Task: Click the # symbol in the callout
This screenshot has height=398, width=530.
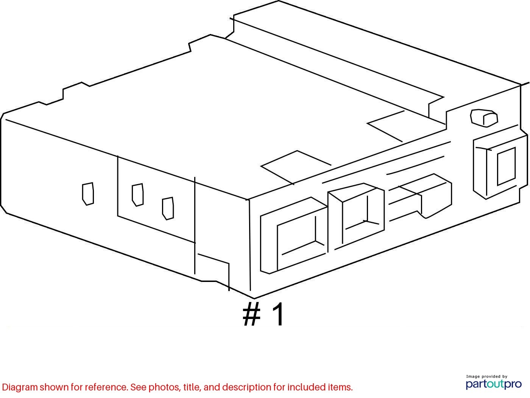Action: pyautogui.click(x=251, y=314)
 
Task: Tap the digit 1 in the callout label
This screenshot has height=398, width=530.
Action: pyautogui.click(x=277, y=314)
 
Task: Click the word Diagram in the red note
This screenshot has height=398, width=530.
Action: pyautogui.click(x=20, y=387)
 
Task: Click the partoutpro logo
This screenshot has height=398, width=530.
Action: pyautogui.click(x=494, y=384)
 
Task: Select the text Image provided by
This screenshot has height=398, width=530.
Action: pyautogui.click(x=486, y=376)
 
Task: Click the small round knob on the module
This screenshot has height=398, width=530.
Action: pyautogui.click(x=484, y=118)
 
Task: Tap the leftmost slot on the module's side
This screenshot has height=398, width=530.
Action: pyautogui.click(x=88, y=194)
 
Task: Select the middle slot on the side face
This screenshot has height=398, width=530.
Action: pyautogui.click(x=138, y=195)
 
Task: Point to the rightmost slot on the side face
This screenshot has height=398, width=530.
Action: pyautogui.click(x=168, y=209)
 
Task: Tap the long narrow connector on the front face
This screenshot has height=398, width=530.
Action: pyautogui.click(x=420, y=197)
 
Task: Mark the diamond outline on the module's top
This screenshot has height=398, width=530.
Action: pyautogui.click(x=296, y=167)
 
